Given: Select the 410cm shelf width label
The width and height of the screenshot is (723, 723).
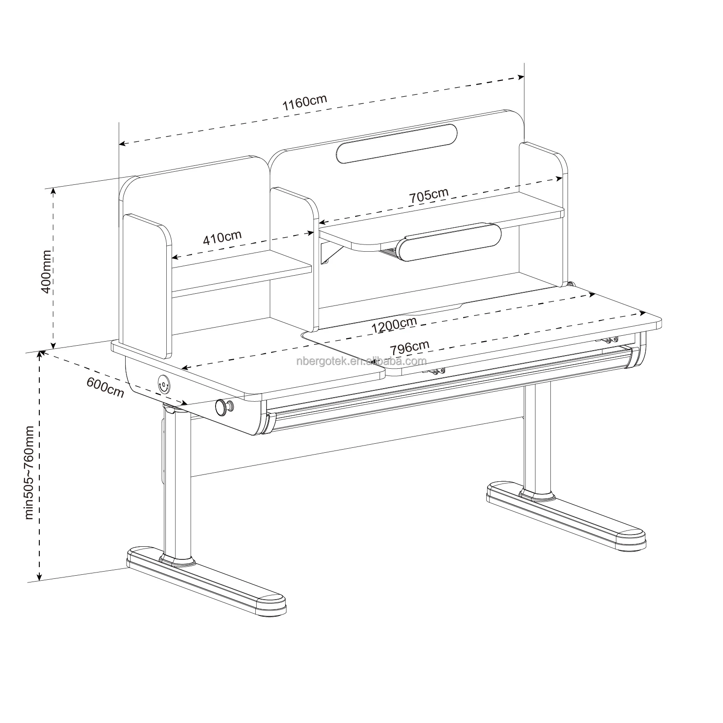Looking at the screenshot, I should tap(222, 237).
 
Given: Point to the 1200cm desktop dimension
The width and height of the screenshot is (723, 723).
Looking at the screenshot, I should tap(394, 324).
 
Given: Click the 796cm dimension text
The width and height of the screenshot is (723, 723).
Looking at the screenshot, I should tap(409, 347).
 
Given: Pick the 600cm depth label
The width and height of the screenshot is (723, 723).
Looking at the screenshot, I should tap(105, 387).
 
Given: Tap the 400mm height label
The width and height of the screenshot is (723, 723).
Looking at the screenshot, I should tap(47, 272).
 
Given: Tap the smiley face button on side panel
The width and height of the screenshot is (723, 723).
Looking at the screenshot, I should tap(163, 385).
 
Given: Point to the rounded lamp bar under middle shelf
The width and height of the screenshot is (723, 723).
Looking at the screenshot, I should tap(449, 242).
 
